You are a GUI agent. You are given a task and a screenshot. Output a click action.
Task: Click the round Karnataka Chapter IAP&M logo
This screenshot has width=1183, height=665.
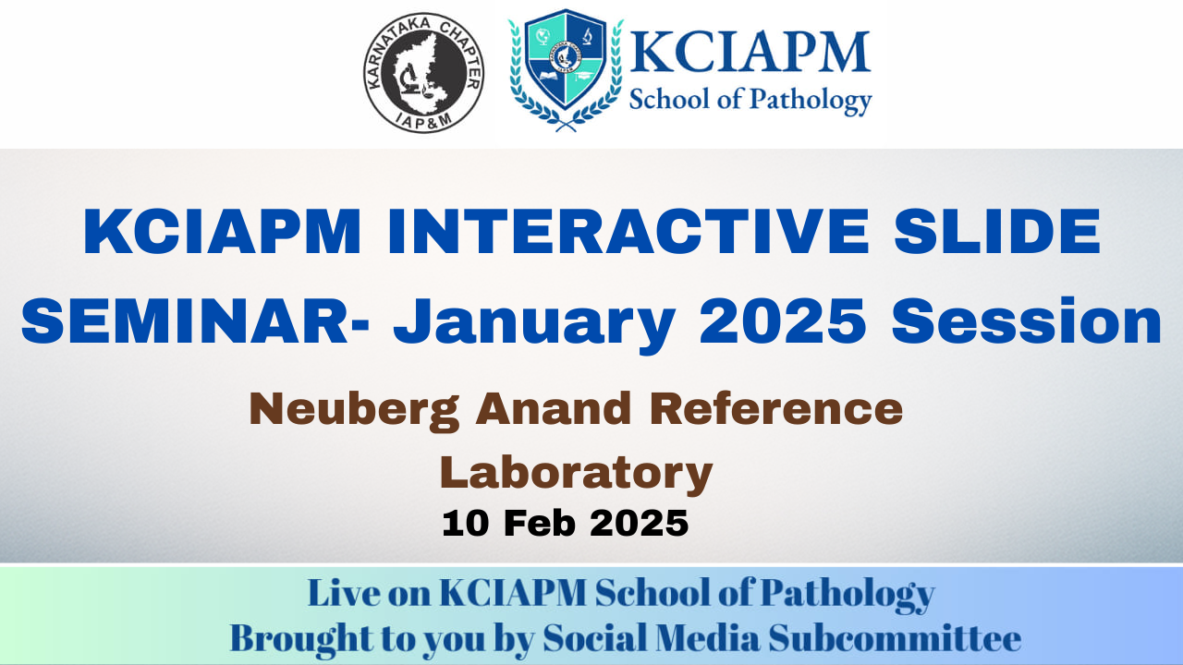(423, 73)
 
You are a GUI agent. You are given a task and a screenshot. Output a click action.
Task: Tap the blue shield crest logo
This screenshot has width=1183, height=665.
(566, 69)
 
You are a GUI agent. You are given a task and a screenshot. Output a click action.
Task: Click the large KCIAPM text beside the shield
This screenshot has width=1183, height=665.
(750, 52)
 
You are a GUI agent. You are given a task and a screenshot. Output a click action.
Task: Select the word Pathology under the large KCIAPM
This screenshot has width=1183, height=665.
(811, 101)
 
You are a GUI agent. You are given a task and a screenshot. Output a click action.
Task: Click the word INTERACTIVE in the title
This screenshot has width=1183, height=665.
(628, 232)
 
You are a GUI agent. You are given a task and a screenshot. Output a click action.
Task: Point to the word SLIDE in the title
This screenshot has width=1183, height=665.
(997, 232)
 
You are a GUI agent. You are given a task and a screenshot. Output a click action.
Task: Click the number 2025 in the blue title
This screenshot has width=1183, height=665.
(783, 320)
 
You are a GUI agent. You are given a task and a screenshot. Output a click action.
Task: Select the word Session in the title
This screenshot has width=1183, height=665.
(1027, 320)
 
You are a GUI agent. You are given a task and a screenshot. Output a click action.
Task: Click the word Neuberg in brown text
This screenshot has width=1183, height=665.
(354, 412)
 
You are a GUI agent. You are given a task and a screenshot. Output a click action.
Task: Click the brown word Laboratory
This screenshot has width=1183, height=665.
(576, 474)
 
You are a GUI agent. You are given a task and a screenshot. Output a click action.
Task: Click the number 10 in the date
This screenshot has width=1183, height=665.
(465, 524)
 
